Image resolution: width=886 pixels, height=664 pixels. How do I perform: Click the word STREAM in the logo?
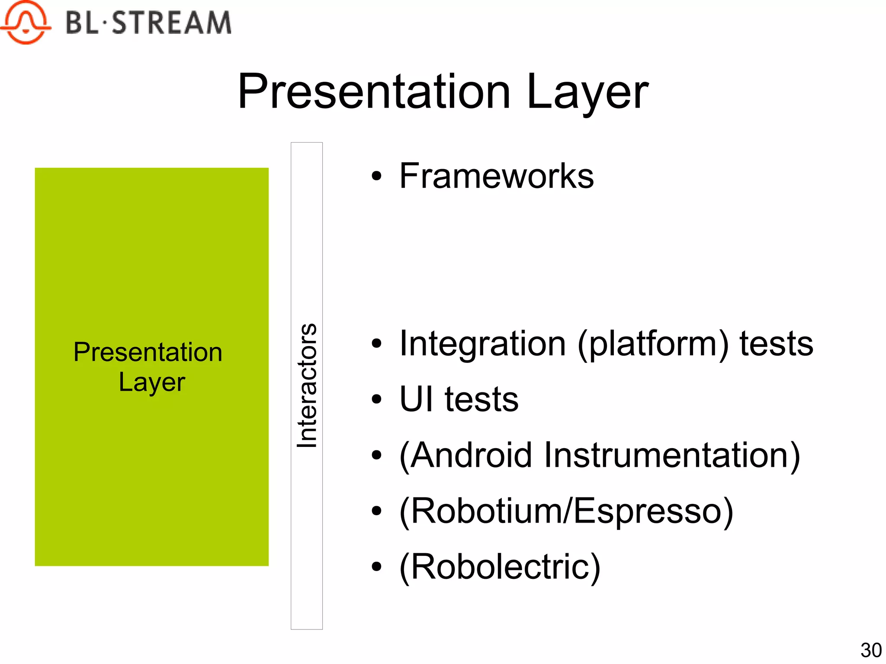172,23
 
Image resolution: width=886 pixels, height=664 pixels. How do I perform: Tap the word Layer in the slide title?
587,92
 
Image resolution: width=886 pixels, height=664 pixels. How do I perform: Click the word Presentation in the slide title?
374,92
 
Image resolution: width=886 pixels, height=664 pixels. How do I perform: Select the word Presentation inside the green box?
148,352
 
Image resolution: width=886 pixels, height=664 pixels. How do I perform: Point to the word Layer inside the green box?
152,382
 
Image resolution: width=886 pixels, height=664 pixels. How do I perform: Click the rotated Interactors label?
307,385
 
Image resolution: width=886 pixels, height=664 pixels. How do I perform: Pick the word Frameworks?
496,176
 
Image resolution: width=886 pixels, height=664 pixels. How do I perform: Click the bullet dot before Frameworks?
377,176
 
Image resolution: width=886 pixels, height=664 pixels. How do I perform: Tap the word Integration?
482,343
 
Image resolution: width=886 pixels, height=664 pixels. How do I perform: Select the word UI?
416,399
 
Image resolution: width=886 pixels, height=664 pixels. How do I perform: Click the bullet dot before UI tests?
377,399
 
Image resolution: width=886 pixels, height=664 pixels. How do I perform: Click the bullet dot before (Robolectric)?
377,566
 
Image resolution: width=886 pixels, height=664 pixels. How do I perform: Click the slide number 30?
870,650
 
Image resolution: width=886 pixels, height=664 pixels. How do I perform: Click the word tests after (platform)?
776,343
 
